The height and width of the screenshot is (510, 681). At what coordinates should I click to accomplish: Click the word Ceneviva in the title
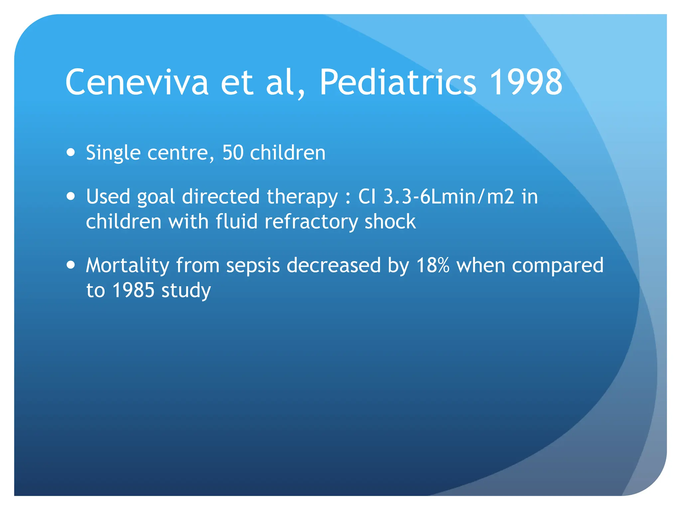137,82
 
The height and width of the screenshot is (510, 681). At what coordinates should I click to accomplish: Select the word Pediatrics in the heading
398,82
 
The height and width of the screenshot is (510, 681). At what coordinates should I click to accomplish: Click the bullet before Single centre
70,152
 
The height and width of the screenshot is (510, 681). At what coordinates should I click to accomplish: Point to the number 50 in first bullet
233,153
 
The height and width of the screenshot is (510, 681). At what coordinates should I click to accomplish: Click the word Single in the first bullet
113,153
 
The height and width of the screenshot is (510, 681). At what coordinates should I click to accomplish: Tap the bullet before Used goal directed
70,196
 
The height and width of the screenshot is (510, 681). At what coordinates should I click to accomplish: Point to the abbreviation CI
367,197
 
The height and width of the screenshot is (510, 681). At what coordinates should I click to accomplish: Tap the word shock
390,221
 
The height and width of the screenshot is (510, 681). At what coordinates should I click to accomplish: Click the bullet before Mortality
70,265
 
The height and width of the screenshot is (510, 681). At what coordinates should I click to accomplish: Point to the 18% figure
433,265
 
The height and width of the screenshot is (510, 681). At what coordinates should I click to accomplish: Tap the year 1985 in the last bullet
133,290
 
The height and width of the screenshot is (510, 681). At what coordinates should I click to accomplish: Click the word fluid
236,221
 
